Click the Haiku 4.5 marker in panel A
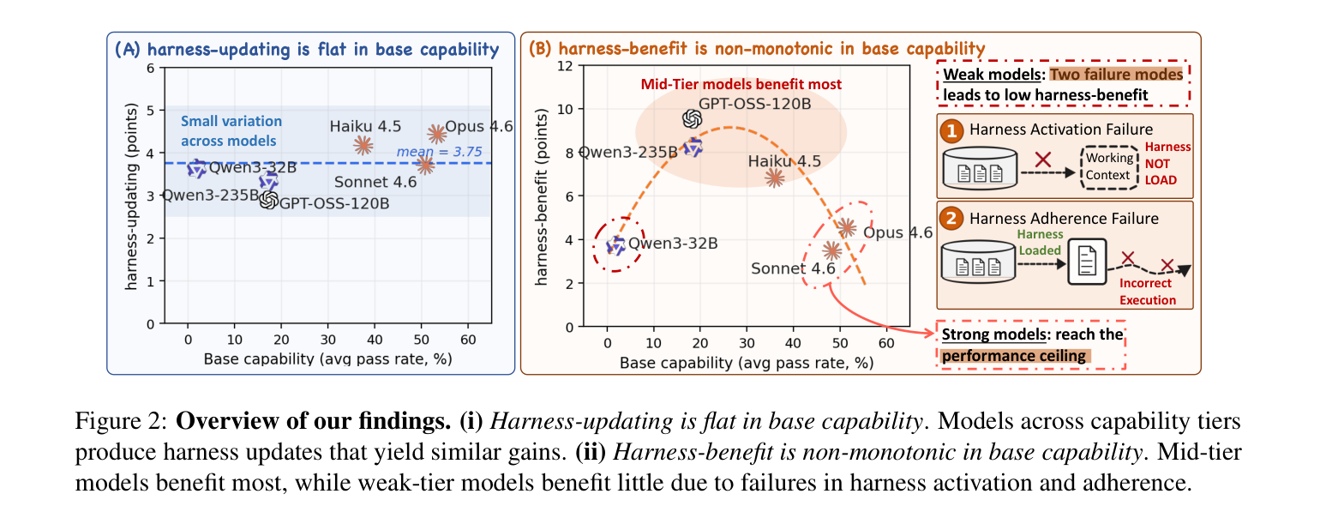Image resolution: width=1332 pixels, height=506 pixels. click(363, 145)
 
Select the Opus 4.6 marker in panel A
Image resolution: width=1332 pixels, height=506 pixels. click(437, 134)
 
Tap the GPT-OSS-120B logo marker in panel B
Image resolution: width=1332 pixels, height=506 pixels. click(693, 119)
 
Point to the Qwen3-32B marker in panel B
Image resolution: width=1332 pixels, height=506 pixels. click(616, 244)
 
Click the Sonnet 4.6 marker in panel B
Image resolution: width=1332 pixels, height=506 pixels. click(832, 250)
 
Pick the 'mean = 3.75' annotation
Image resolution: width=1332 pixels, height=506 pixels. click(440, 152)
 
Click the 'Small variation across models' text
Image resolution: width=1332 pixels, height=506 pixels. click(231, 131)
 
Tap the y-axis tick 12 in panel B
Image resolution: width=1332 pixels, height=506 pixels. click(565, 65)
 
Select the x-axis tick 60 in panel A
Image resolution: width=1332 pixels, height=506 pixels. click(468, 340)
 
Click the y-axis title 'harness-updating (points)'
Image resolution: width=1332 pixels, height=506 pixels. click(131, 196)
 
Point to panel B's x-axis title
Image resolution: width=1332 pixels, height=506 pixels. click(747, 363)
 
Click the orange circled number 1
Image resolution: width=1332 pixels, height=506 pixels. click(951, 130)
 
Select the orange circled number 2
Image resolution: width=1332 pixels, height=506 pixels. click(951, 219)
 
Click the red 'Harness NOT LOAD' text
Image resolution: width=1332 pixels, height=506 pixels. click(1167, 164)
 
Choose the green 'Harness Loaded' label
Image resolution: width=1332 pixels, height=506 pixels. click(1040, 243)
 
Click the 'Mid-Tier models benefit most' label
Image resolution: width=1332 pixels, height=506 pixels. click(741, 85)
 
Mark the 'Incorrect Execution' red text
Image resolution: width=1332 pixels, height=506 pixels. click(1147, 292)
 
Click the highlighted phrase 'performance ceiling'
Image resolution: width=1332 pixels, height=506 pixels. click(1014, 356)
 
